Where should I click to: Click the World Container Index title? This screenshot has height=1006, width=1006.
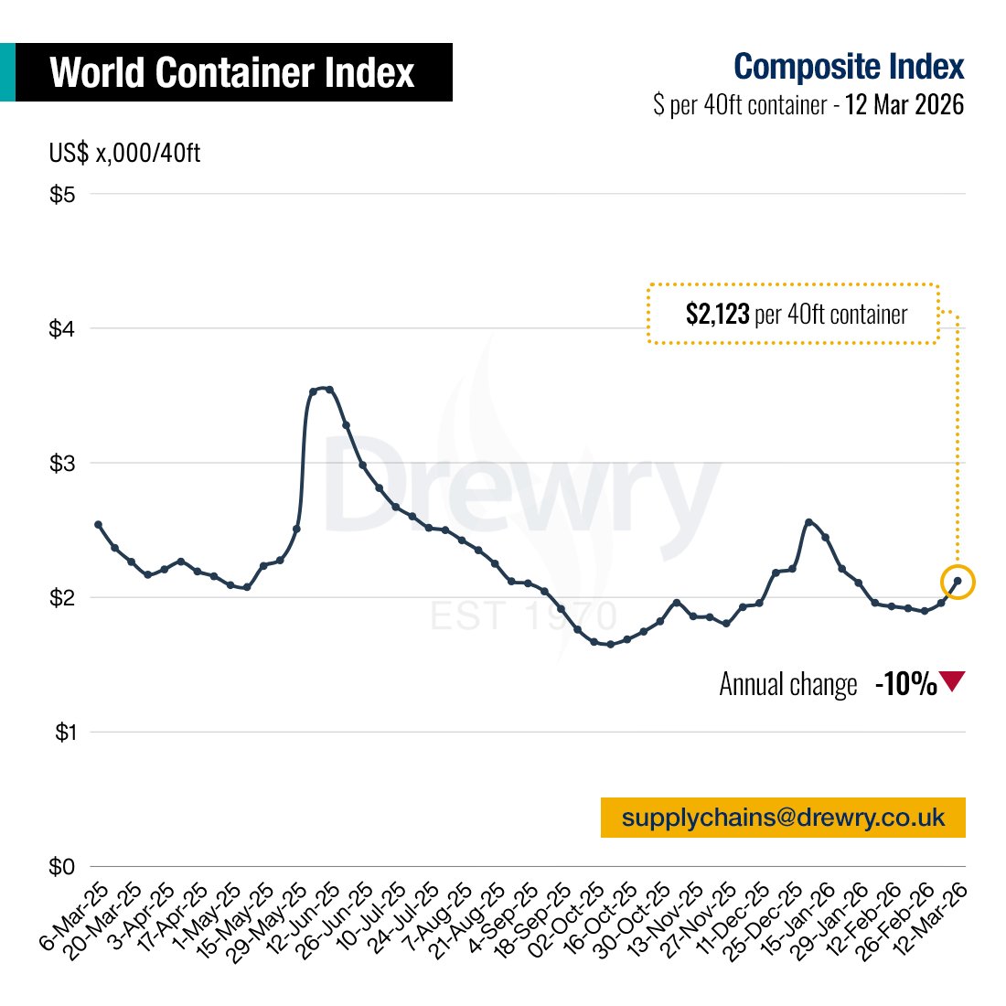232,72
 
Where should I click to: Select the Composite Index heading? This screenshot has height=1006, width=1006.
849,67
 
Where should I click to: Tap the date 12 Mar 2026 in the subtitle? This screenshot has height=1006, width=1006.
904,104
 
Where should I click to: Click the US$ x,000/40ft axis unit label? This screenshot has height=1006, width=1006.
124,153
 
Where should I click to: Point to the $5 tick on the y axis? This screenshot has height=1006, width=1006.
62,194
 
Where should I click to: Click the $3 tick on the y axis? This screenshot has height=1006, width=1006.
62,464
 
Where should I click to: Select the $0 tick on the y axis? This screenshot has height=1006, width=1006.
62,867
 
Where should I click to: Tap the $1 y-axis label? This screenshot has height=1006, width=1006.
62,733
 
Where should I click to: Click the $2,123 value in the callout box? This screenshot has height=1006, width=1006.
717,315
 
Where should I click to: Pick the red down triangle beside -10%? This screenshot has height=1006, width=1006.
952,681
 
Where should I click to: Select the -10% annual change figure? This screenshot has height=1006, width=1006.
905,684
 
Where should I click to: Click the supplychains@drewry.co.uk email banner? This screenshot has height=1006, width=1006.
783,817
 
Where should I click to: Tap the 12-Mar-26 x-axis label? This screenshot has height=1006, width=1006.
936,917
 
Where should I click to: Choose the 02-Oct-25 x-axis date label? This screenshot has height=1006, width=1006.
573,917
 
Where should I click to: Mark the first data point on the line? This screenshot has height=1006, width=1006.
98,525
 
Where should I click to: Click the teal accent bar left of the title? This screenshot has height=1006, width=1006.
7,72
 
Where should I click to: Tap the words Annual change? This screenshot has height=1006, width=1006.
788,685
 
